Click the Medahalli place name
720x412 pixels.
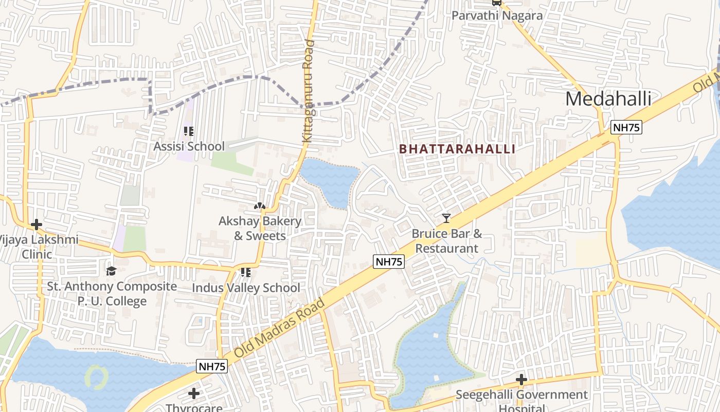[x=608, y=98]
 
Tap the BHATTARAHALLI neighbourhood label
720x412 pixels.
[x=457, y=149]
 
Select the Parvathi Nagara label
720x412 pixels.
[x=497, y=15]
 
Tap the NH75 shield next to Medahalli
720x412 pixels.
[x=626, y=127]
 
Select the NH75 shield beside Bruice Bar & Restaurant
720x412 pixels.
[x=389, y=262]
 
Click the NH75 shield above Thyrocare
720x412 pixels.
[x=212, y=367]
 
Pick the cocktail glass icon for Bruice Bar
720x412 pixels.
[x=446, y=218]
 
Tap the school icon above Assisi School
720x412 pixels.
[x=189, y=131]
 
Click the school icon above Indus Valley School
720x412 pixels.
[x=246, y=272]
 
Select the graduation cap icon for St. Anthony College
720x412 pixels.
[x=112, y=271]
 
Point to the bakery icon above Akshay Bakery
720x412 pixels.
[x=260, y=206]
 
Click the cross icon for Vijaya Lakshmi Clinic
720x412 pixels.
[x=36, y=225]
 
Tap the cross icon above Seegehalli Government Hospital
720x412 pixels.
[x=521, y=380]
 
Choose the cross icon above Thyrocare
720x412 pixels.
[x=194, y=393]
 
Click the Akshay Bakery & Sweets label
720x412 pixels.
[x=260, y=228]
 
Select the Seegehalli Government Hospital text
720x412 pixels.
[x=521, y=400]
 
